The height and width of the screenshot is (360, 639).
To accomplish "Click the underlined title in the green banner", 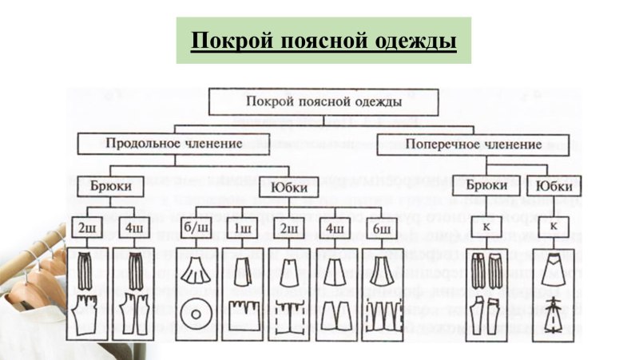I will click(323, 40).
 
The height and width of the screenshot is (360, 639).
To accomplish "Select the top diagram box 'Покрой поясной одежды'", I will click(323, 101).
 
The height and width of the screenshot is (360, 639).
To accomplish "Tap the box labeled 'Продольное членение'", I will click(174, 144).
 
